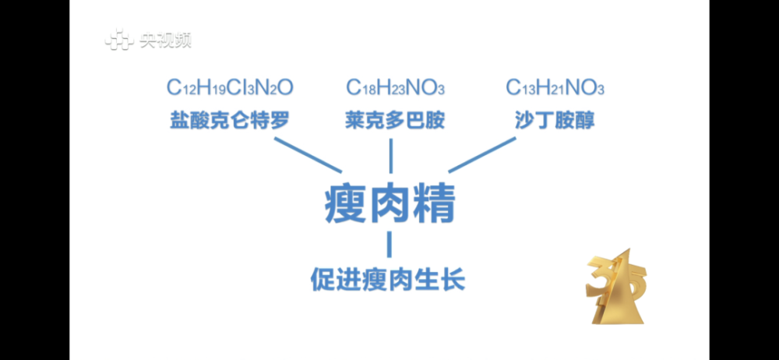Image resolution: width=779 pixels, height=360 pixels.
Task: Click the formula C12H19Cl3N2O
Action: (230, 87)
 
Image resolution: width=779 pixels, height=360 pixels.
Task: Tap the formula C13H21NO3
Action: (555, 87)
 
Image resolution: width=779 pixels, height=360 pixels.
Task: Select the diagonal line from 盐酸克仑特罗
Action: (308, 155)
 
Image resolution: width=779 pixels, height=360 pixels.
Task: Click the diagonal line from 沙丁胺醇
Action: (482, 155)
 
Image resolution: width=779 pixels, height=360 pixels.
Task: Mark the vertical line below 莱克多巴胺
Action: (390, 156)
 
